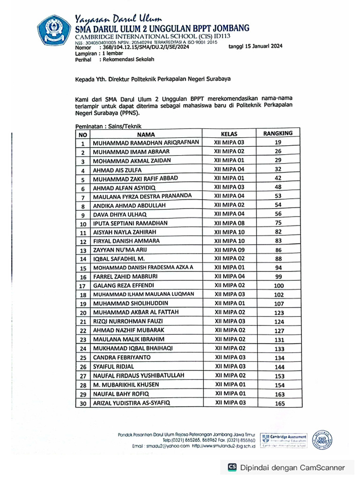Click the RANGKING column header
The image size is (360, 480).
(x=277, y=133)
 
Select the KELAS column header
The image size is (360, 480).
(x=229, y=134)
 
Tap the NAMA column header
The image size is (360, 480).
(x=146, y=134)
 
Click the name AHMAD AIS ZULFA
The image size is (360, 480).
(x=117, y=170)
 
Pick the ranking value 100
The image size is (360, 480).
(x=278, y=285)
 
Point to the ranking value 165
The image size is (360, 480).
(x=279, y=403)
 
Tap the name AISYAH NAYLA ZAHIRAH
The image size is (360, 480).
(x=124, y=232)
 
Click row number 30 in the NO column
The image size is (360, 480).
(x=83, y=403)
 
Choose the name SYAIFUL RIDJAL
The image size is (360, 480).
(x=113, y=367)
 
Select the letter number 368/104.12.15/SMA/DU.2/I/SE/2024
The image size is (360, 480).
(x=144, y=47)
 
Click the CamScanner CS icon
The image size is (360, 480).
(x=232, y=467)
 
